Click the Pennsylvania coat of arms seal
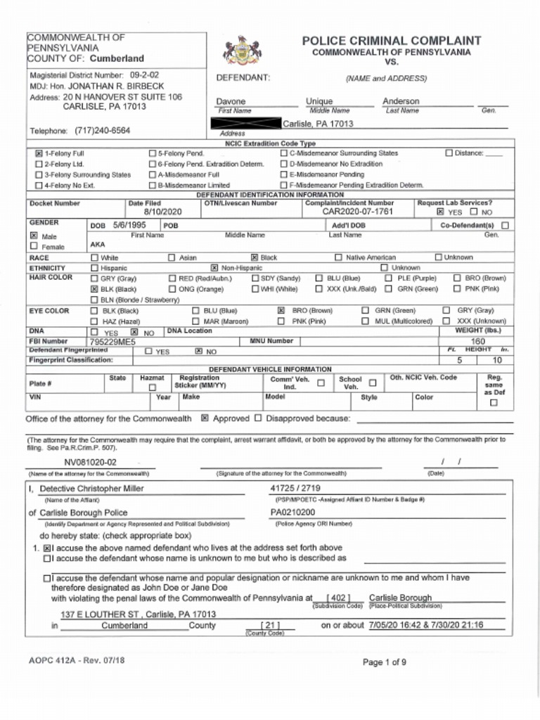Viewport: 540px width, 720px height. click(242, 50)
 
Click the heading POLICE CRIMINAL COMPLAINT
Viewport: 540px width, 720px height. click(392, 41)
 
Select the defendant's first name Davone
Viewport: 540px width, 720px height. click(231, 101)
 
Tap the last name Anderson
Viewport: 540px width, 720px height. click(401, 101)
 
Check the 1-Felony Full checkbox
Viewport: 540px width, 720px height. click(39, 153)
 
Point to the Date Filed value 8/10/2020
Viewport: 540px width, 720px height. click(162, 212)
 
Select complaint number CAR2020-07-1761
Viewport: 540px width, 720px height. click(357, 212)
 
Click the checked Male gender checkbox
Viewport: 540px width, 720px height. click(34, 236)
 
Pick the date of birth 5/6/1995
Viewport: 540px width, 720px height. click(129, 225)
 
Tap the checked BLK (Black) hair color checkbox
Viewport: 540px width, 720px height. click(94, 289)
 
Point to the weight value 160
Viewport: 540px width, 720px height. click(477, 341)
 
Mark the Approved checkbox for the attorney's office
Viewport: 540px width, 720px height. click(205, 418)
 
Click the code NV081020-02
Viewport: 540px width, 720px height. click(91, 463)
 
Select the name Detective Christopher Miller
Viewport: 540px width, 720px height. click(91, 489)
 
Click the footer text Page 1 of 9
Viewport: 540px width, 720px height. click(384, 662)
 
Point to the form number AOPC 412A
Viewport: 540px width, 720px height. click(51, 660)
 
